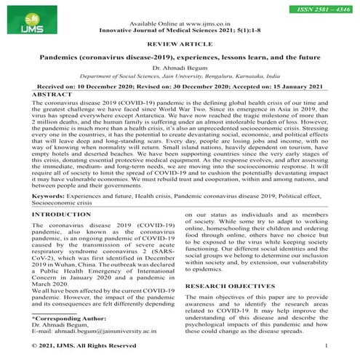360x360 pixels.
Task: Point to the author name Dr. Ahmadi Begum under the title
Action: pos(180,67)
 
